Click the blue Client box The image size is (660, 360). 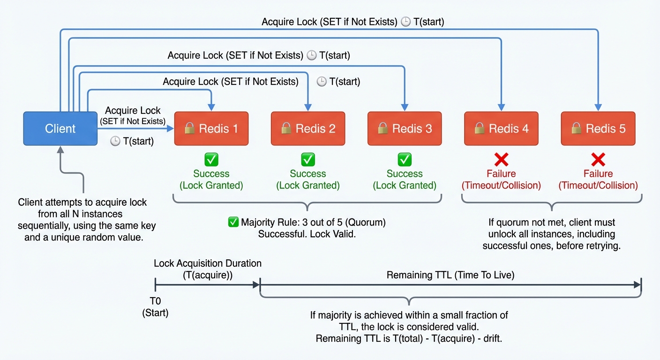(x=60, y=128)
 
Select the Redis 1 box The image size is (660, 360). (x=211, y=128)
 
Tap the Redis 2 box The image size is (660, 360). (x=307, y=128)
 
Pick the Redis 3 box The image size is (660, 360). (x=405, y=128)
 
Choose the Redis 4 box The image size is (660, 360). (x=501, y=128)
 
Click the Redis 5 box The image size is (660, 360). (x=598, y=128)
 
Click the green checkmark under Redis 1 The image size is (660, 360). (x=211, y=160)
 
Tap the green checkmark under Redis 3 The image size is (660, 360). (x=405, y=160)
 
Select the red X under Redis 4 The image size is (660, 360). (x=501, y=160)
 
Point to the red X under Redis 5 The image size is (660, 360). (x=598, y=160)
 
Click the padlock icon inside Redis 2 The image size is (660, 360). (x=286, y=128)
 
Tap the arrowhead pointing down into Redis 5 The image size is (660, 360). (x=598, y=107)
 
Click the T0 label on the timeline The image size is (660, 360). (x=155, y=301)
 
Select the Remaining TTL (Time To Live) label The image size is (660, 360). (x=450, y=275)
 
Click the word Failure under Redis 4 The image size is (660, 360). (x=501, y=174)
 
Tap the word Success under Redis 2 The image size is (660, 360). (x=307, y=174)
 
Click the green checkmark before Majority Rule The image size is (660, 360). (x=233, y=222)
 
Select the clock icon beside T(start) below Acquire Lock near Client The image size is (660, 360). (x=115, y=141)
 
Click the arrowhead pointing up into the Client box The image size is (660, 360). (x=60, y=150)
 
